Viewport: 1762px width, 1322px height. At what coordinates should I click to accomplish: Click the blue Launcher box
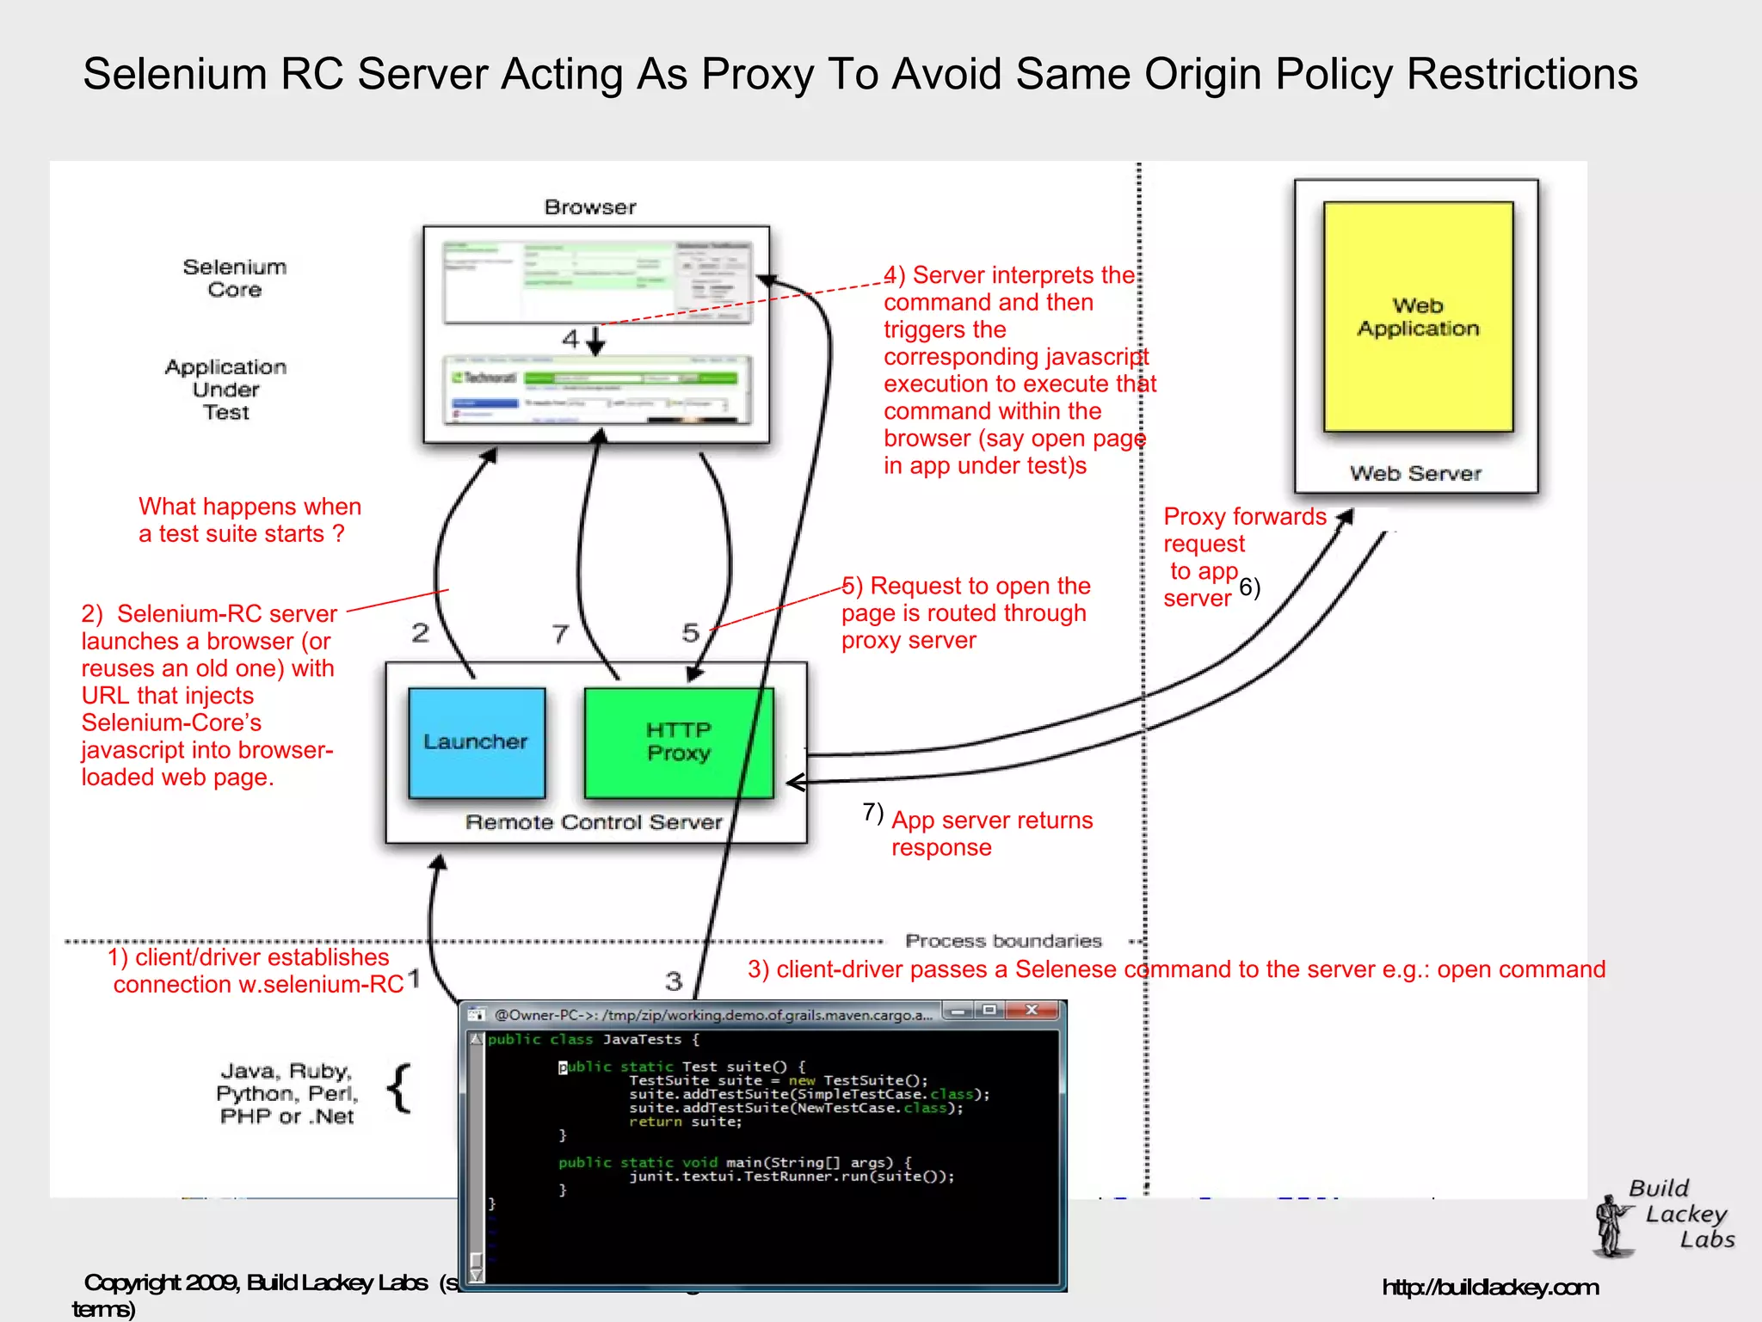pos(476,742)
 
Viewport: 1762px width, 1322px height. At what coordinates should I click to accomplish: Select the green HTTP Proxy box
pos(678,742)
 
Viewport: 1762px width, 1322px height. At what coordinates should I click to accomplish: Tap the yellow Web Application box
pos(1418,317)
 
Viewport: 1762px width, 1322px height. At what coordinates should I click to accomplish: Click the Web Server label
pos(1415,473)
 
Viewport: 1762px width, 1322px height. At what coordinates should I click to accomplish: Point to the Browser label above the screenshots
pos(590,207)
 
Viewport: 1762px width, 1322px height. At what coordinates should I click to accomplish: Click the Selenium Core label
pos(235,278)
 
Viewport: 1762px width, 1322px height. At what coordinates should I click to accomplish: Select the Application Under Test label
pos(226,390)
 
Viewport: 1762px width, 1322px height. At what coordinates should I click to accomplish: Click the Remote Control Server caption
pos(594,822)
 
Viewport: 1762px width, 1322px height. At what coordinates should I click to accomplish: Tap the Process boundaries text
pos(1003,941)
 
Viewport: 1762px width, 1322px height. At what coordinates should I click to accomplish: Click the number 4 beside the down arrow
pos(570,340)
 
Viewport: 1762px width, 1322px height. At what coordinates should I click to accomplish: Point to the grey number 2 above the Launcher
pos(420,633)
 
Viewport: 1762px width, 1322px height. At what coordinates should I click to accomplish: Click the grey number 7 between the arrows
pos(560,634)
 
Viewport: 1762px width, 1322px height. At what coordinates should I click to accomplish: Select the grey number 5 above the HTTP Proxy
pos(690,633)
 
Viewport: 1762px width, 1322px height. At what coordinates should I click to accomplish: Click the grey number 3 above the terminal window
pos(674,981)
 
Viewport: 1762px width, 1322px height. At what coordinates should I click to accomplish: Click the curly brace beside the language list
pos(400,1089)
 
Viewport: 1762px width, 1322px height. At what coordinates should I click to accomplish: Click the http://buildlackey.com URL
pos(1490,1288)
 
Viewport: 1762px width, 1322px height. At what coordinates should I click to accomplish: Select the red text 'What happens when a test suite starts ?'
pos(250,520)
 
